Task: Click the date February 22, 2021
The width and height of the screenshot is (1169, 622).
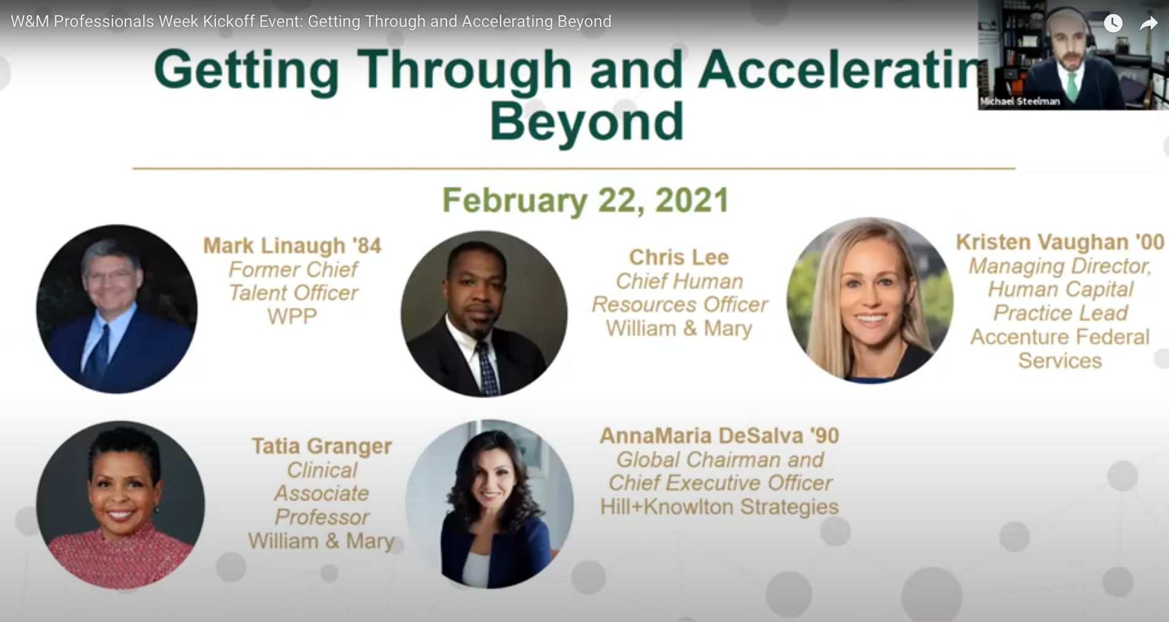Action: click(585, 201)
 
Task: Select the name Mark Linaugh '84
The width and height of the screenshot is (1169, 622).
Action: click(292, 245)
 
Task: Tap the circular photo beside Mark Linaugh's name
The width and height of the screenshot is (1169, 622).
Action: click(117, 309)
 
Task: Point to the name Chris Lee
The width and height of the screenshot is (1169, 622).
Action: click(679, 257)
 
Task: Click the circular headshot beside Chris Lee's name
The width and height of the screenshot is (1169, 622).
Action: click(484, 314)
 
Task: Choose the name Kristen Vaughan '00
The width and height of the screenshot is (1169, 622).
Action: click(1060, 242)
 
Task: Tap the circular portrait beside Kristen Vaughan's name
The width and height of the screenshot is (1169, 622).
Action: click(870, 300)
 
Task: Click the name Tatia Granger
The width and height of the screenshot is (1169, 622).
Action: click(322, 446)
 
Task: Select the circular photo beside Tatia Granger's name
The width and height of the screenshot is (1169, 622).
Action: click(121, 505)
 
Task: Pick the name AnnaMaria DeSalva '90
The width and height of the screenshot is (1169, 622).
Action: click(719, 435)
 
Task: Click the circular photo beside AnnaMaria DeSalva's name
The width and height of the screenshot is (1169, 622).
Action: click(489, 504)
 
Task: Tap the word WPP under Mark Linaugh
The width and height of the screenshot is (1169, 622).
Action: click(292, 317)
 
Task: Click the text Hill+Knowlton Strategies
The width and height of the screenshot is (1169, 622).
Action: click(719, 506)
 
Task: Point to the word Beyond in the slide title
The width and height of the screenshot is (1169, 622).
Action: click(586, 121)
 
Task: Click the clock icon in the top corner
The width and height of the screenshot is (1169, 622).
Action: click(1113, 23)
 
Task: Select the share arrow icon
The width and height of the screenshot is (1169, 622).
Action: click(1149, 23)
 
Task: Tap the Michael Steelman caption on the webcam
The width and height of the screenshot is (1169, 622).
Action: click(1020, 102)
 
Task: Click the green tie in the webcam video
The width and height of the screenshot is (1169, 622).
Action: click(1072, 86)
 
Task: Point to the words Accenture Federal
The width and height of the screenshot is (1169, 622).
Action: click(1060, 337)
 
